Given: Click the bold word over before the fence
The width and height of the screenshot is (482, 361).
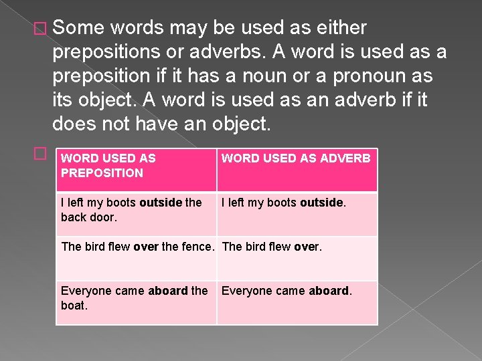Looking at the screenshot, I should tap(146, 247).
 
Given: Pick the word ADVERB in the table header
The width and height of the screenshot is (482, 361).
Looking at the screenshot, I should tap(346, 158).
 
